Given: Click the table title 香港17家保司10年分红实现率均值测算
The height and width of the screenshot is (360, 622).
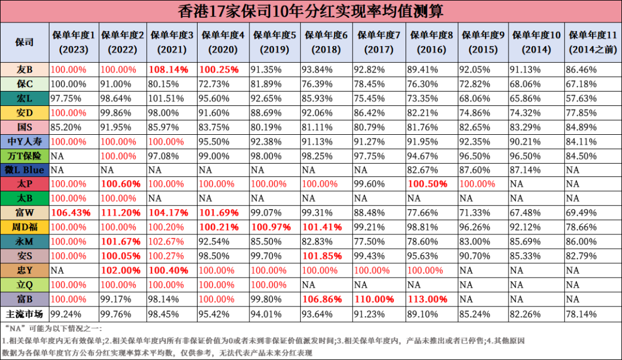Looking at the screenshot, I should click(311, 11).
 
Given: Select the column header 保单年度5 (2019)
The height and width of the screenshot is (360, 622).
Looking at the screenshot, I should click(275, 42).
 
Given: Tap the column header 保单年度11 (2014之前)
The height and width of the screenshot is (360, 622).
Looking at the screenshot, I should click(593, 42).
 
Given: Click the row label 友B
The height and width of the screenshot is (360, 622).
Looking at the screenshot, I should click(25, 70).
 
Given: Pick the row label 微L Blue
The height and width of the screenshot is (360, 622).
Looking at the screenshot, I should click(25, 170).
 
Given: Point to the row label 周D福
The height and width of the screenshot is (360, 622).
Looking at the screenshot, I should click(25, 227).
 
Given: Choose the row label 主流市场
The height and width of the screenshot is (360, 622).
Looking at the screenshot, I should click(25, 314).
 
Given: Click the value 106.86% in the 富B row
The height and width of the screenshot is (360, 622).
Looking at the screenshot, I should click(322, 299).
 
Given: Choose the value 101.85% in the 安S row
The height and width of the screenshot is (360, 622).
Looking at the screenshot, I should click(322, 256).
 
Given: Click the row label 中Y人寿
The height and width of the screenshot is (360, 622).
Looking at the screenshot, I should click(25, 141).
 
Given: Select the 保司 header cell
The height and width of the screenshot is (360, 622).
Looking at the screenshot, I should click(25, 42).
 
